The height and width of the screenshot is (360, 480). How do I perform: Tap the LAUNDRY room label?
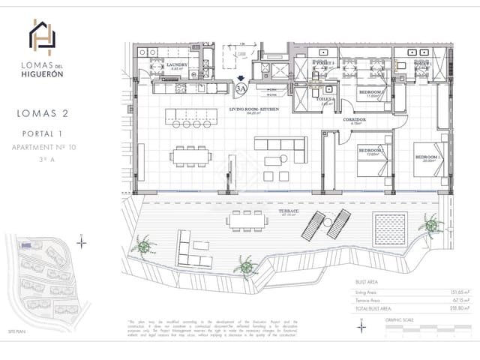(177, 66)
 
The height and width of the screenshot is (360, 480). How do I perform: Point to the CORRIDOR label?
(355, 120)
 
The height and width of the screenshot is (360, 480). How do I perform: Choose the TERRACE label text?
(289, 212)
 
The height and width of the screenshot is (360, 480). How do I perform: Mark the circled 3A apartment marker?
(241, 88)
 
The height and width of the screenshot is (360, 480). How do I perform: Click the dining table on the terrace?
(248, 219)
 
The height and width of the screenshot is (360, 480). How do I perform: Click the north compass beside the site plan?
(82, 241)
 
